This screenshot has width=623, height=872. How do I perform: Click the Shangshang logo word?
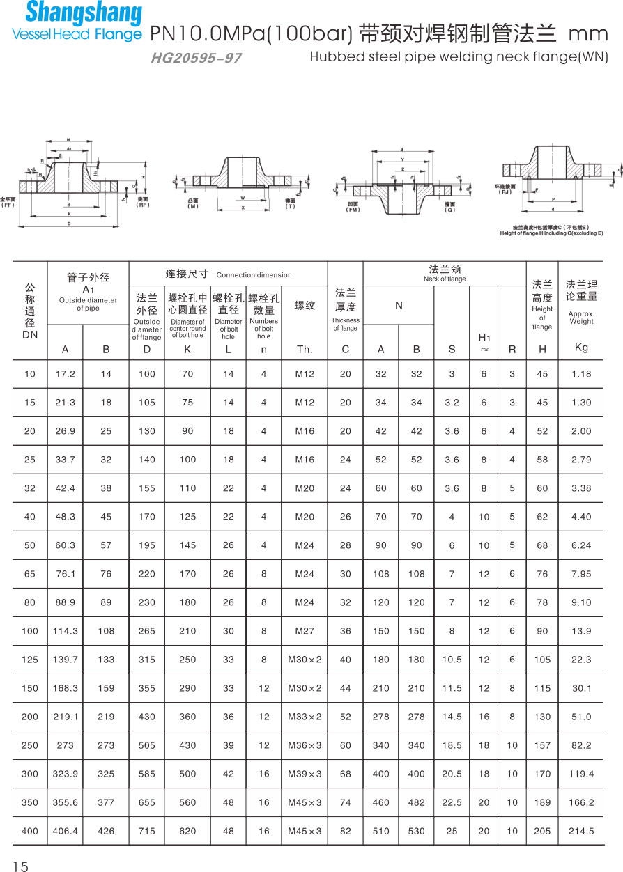click(x=83, y=13)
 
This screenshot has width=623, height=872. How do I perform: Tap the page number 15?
click(x=20, y=866)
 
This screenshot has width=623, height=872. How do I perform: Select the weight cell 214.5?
click(x=580, y=831)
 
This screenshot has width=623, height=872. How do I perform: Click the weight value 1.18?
click(x=580, y=374)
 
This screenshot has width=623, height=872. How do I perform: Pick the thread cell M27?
click(x=305, y=631)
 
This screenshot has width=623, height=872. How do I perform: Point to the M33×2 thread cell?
click(x=305, y=717)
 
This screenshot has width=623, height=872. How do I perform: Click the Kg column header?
click(x=581, y=348)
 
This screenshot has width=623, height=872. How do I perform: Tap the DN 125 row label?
click(x=30, y=660)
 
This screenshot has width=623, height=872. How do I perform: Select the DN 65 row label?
click(x=30, y=574)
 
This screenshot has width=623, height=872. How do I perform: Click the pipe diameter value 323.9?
click(x=65, y=774)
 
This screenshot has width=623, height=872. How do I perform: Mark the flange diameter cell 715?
click(x=146, y=831)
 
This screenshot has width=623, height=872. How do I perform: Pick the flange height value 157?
click(x=541, y=745)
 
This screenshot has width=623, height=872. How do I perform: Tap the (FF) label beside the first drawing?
click(x=8, y=205)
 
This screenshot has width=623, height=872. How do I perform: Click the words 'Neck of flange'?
click(x=445, y=279)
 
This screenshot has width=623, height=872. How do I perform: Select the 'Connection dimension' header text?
click(x=254, y=275)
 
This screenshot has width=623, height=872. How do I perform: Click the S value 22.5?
click(x=452, y=802)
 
